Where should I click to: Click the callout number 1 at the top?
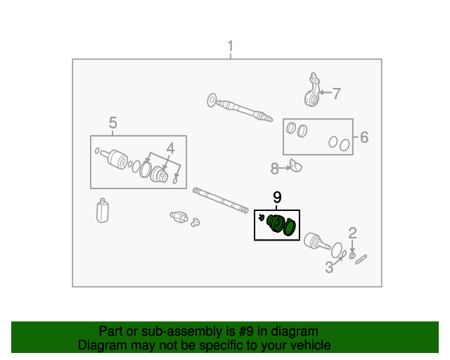tap(230, 46)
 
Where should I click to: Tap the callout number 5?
tap(112, 123)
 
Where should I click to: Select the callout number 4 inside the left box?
tap(170, 148)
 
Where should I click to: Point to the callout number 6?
tap(364, 137)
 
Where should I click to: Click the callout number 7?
tap(336, 94)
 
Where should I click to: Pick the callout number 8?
tap(275, 169)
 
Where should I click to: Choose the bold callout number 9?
tap(277, 198)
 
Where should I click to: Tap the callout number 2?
tap(352, 233)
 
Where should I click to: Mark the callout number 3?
tap(329, 267)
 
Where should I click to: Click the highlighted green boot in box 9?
tap(276, 224)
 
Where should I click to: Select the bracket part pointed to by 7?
tap(312, 90)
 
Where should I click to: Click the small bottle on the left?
tap(103, 210)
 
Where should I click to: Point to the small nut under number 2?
tap(352, 255)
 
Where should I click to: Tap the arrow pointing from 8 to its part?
tap(285, 168)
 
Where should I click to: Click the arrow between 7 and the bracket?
tap(326, 92)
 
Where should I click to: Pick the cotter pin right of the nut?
tap(361, 259)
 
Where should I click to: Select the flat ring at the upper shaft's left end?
tap(212, 101)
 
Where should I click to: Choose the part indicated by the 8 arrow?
tap(296, 166)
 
